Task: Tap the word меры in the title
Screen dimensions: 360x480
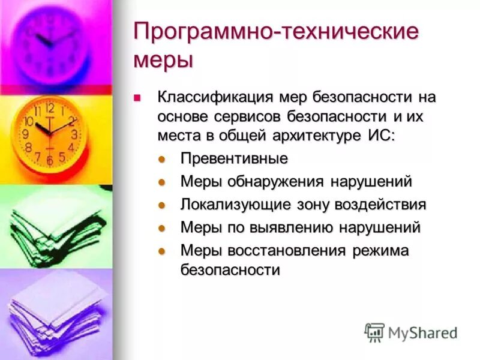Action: pyautogui.click(x=163, y=60)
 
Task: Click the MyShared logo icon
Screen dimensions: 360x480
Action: pyautogui.click(x=374, y=332)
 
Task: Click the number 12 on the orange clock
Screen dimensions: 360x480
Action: pyautogui.click(x=50, y=109)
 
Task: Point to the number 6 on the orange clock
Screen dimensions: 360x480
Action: pyautogui.click(x=50, y=161)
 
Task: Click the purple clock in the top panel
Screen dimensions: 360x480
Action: pyautogui.click(x=51, y=45)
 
